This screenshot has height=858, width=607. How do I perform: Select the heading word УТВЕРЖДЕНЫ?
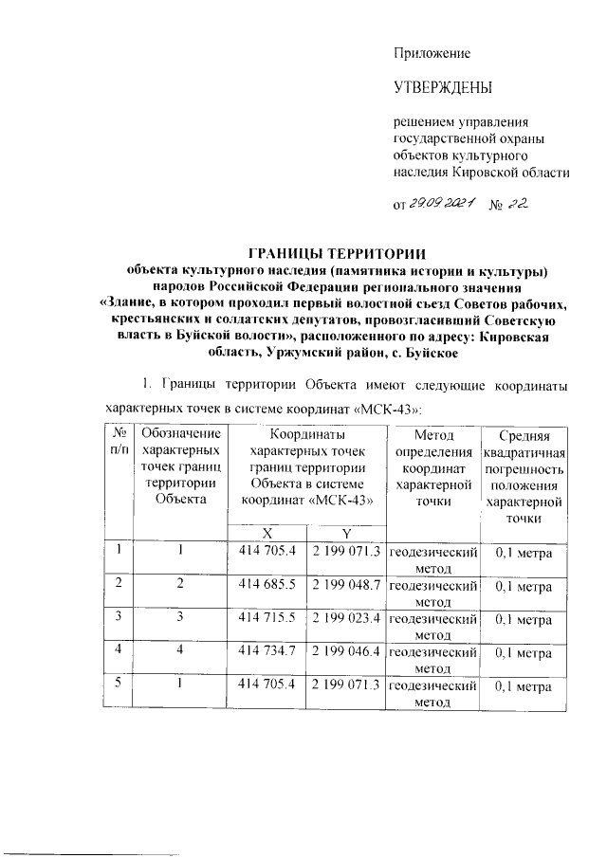442,89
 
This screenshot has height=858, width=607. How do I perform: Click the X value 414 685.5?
268,587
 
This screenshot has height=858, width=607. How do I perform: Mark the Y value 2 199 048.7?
346,587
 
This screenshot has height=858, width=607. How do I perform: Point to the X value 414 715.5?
268,620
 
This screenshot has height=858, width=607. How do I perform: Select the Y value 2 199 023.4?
346,620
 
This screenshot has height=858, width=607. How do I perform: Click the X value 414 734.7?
268,653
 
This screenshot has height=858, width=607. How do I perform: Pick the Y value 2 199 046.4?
346,653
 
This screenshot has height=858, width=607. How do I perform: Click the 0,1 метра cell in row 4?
524,653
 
